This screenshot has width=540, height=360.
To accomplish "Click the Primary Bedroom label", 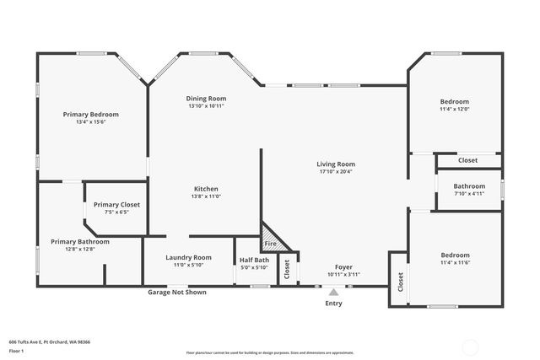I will pyautogui.click(x=91, y=114).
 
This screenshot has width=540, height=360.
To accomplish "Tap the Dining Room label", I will pyautogui.click(x=206, y=99).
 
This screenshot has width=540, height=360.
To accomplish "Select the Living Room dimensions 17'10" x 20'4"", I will pyautogui.click(x=336, y=172).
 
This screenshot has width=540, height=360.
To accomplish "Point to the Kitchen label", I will pyautogui.click(x=206, y=188).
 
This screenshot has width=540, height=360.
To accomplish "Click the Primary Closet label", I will pyautogui.click(x=116, y=205).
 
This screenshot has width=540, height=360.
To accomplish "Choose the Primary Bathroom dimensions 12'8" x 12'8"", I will pyautogui.click(x=79, y=249).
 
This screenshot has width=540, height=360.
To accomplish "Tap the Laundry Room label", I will pyautogui.click(x=187, y=257).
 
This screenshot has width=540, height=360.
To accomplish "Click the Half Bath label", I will pyautogui.click(x=254, y=260).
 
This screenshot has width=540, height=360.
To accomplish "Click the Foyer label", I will pyautogui.click(x=343, y=266).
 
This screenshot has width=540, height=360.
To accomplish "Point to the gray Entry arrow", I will pyautogui.click(x=333, y=293).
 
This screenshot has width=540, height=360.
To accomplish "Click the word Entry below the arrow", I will pyautogui.click(x=333, y=304).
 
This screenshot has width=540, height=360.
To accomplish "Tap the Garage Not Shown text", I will pyautogui.click(x=177, y=293).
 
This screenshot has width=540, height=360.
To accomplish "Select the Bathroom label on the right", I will pyautogui.click(x=469, y=185).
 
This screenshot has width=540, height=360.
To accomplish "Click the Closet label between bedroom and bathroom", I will pyautogui.click(x=467, y=160).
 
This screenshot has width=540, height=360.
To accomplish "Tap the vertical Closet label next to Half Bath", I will pyautogui.click(x=287, y=269).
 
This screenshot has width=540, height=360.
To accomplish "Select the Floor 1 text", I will pyautogui.click(x=15, y=350).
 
